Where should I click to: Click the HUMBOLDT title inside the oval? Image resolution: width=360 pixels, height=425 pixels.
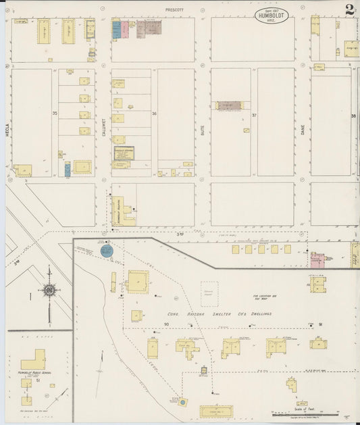coord(274,15)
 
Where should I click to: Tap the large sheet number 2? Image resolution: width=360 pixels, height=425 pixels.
coord(349,10)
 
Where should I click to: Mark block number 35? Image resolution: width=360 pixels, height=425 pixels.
coord(55,114)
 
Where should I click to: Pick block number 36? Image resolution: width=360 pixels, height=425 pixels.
coord(154,114)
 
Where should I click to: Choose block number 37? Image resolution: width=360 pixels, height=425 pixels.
coord(254,116)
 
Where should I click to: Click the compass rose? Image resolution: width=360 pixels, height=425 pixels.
coord(49,291)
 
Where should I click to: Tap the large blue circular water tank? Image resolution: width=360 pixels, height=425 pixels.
coord(106,251)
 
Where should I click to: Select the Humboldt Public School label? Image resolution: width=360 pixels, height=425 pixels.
coord(32,372)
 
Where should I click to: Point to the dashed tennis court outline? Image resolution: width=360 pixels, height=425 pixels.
coord(209,291)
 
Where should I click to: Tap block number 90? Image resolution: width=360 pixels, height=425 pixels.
coord(165,325)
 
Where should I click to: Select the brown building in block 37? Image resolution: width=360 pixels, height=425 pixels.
coord(229,105)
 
